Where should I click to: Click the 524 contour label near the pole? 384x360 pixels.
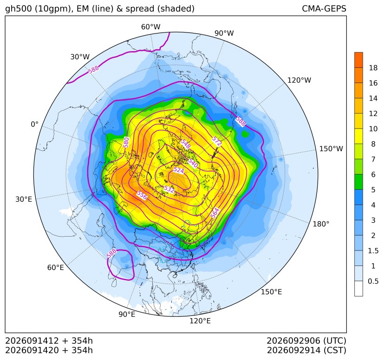click(x=178, y=170)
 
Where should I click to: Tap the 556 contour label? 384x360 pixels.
click(x=142, y=195)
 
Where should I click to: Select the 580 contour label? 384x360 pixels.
click(x=126, y=142)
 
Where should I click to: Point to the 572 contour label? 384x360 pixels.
click(x=217, y=141)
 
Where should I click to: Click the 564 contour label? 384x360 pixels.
click(x=215, y=213)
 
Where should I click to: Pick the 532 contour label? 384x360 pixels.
click(x=169, y=189)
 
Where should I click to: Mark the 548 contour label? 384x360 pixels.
click(x=185, y=144)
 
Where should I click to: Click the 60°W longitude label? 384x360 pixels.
click(x=150, y=27)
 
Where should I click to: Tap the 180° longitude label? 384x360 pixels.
click(x=321, y=224)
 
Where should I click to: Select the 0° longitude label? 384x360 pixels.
click(x=34, y=124)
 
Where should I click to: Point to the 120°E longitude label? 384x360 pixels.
click(x=200, y=321)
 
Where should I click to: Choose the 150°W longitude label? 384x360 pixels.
click(x=331, y=149)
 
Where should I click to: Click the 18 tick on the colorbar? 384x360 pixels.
click(x=373, y=68)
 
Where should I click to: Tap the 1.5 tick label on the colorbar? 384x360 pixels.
click(x=373, y=251)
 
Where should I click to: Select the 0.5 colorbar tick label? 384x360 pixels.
click(x=373, y=281)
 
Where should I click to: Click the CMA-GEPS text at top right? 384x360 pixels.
click(x=324, y=9)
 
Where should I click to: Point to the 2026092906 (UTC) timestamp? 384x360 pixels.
click(x=306, y=341)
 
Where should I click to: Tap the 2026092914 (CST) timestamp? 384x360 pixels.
click(x=306, y=350)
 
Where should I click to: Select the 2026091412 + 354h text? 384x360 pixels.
click(x=49, y=341)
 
